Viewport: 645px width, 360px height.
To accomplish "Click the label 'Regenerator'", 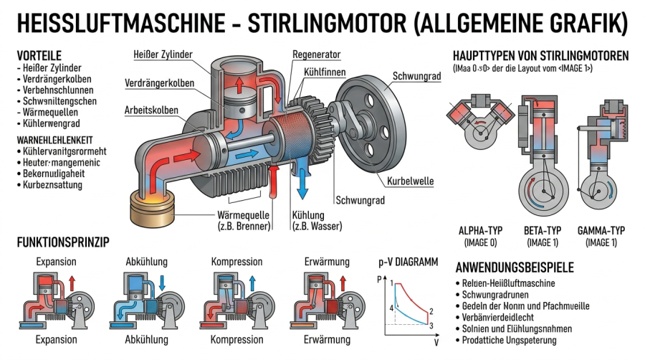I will tap(316, 55).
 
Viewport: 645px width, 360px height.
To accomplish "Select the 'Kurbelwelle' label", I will tap(409, 181).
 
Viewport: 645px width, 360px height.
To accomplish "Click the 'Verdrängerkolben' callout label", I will tap(159, 83).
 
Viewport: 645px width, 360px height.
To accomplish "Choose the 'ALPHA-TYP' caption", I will tap(482, 232).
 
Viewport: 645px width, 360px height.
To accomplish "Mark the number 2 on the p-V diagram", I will tap(431, 312).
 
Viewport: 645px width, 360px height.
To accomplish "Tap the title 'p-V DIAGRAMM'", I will tap(407, 262).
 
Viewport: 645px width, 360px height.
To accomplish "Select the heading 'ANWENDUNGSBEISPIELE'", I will tap(515, 268).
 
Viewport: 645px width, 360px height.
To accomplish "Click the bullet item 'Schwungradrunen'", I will tap(499, 295).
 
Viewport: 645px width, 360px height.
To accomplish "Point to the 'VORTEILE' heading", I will tap(39, 55).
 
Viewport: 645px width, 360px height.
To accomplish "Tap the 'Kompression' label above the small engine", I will tap(237, 262).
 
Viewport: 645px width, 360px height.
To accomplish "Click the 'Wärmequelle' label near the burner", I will tap(244, 215).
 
